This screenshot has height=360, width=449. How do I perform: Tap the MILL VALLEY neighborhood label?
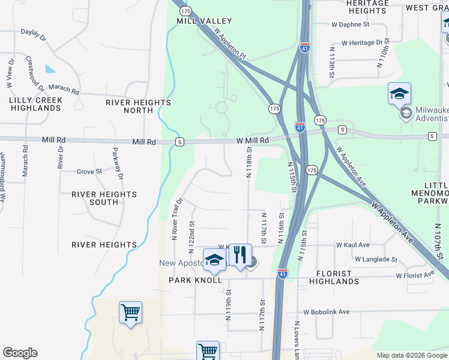(196, 20)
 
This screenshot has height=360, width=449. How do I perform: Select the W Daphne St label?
(351, 25)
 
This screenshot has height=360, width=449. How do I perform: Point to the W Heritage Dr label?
(362, 43)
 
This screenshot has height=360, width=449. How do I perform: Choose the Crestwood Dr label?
(35, 73)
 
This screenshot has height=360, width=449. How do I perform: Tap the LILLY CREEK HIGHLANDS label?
(35, 103)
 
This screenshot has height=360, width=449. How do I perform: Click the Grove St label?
(89, 172)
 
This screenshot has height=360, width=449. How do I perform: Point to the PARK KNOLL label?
(195, 280)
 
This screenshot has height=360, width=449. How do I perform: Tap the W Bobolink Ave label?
(327, 312)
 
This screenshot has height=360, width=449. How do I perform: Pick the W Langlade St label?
(376, 260)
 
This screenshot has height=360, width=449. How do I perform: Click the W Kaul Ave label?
(353, 245)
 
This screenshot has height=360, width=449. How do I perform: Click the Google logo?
(20, 353)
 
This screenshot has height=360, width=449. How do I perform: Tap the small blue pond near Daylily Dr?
(50, 68)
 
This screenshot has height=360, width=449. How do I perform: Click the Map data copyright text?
(411, 355)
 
